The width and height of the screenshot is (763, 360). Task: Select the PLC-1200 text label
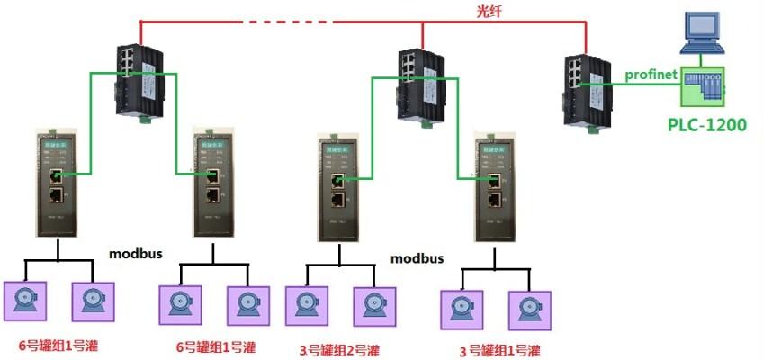click(x=706, y=125)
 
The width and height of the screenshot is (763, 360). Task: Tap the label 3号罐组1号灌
click(x=499, y=349)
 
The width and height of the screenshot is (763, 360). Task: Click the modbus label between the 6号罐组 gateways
click(x=136, y=254)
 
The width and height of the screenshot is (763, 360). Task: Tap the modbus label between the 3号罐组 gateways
click(x=417, y=258)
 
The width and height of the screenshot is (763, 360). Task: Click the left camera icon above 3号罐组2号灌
click(x=303, y=306)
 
